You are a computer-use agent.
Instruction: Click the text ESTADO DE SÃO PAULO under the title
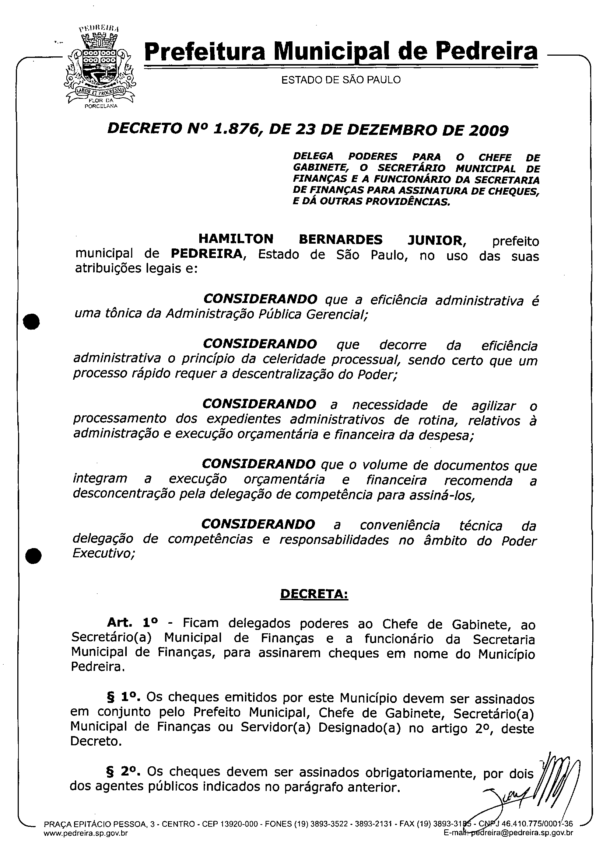(x=341, y=80)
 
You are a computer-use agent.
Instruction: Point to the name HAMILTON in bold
(x=236, y=239)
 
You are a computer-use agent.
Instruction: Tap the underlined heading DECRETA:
(x=314, y=594)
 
